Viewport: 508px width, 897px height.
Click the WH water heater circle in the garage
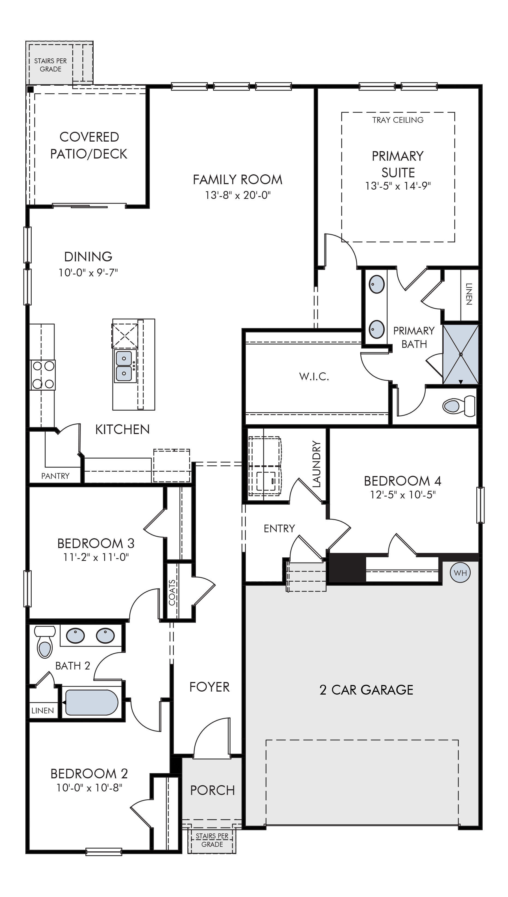coord(461,573)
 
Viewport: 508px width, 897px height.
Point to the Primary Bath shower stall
coord(461,354)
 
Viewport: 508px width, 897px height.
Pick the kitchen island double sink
coord(124,366)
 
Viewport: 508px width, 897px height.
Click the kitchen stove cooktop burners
coord(44,375)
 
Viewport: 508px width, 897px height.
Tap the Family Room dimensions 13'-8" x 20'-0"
coord(238,195)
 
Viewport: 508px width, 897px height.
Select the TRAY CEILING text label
coord(398,120)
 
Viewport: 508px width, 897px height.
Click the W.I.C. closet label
coord(314,376)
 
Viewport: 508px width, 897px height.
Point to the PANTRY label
coord(55,476)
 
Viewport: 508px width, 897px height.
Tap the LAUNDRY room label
coord(316,464)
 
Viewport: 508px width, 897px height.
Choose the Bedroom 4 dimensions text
coord(403,494)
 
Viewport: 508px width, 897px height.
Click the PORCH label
coord(213,790)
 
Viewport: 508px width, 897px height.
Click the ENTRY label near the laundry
coord(279,529)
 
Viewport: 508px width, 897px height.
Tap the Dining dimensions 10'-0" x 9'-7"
coord(88,273)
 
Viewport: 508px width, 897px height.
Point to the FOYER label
coord(209,687)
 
